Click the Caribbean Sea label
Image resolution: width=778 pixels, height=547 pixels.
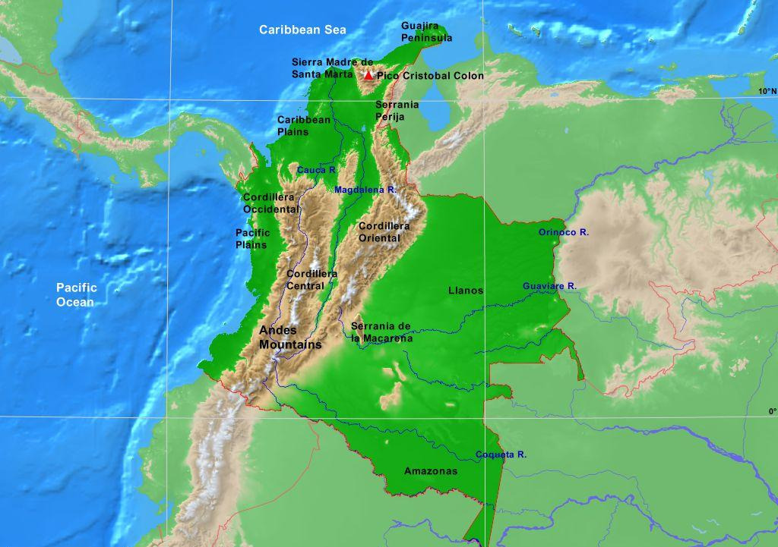coord(302,30)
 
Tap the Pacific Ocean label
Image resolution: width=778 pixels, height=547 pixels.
coord(77,295)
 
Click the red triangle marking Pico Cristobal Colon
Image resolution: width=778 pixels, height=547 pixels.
coord(368,75)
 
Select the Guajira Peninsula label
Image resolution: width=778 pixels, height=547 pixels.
coord(426,32)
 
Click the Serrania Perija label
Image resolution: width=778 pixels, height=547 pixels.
coord(397,111)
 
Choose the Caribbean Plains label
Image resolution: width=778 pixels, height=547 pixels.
coord(304,125)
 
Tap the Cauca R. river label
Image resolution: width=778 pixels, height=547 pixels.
coord(316,170)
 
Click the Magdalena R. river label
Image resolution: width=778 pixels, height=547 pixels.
coord(365,189)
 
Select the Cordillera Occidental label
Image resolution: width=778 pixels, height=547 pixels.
coord(271,203)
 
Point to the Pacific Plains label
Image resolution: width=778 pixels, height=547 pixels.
coord(253,239)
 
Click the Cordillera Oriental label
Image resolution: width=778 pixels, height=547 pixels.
coord(384,232)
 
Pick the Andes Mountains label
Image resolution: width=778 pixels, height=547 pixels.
coord(290,338)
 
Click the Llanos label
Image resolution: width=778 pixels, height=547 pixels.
coord(466,291)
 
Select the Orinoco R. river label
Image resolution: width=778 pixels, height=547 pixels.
coord(564,232)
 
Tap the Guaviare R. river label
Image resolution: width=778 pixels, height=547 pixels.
coord(549,286)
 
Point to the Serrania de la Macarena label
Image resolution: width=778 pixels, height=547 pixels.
coord(381,332)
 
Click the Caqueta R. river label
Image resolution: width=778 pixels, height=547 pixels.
coord(501,454)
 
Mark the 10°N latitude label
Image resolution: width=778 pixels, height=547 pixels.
coord(767,91)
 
